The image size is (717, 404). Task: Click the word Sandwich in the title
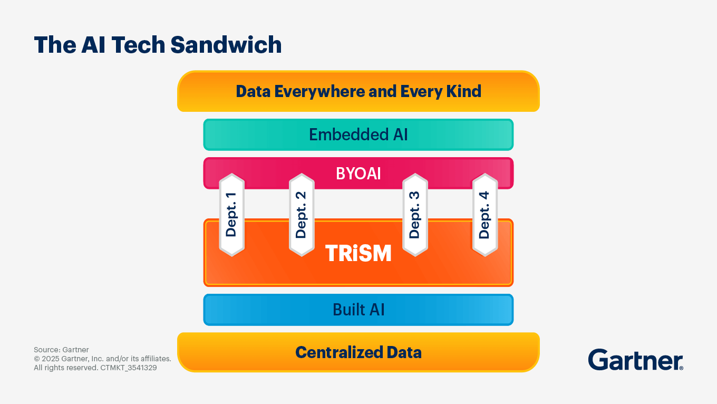click(x=226, y=44)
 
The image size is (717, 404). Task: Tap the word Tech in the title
click(x=138, y=44)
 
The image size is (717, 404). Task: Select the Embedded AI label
click(x=358, y=134)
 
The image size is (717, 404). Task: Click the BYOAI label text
click(x=358, y=174)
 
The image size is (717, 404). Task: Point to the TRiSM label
click(x=358, y=253)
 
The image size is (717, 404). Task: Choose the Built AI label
click(x=358, y=310)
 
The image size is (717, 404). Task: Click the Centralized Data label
click(x=358, y=352)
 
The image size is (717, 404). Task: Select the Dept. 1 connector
click(x=232, y=215)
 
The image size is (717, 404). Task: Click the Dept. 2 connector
click(x=302, y=215)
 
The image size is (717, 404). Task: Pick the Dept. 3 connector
click(x=415, y=215)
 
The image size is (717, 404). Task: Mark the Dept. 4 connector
click(x=485, y=215)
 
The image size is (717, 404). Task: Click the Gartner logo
click(x=636, y=360)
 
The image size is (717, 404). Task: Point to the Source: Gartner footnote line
click(x=61, y=350)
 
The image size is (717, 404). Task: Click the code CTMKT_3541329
click(x=129, y=368)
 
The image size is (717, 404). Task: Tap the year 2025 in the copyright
click(x=50, y=359)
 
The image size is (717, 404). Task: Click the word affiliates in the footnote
click(x=156, y=359)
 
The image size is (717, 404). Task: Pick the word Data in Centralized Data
click(x=404, y=352)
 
